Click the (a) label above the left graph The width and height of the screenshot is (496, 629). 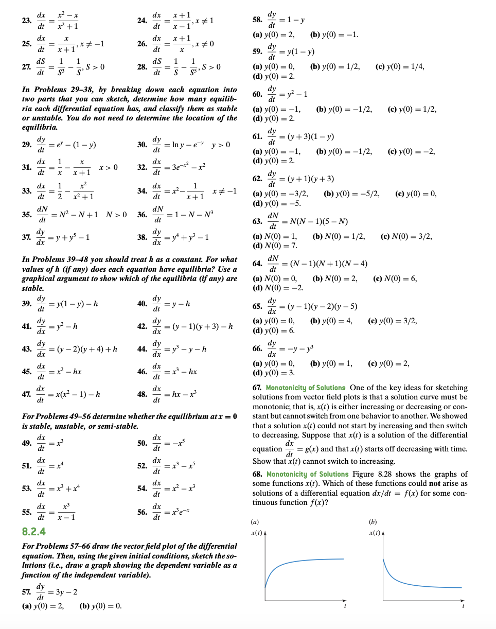tap(256, 521)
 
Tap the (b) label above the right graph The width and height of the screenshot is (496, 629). tap(373, 521)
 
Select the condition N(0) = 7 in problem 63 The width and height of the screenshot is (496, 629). tap(275, 245)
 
